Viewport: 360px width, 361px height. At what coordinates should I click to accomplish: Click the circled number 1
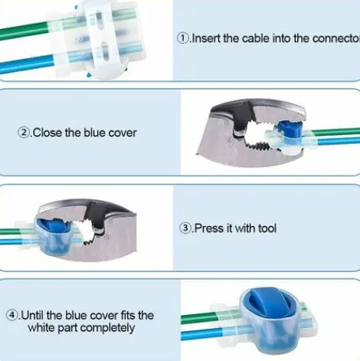pos(183,38)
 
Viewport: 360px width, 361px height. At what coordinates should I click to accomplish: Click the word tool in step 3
pos(267,228)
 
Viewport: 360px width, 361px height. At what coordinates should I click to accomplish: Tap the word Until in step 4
pos(32,315)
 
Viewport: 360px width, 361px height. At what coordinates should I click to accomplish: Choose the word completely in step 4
pos(107,328)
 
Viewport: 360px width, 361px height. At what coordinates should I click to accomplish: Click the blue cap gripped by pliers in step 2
pos(289,129)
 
